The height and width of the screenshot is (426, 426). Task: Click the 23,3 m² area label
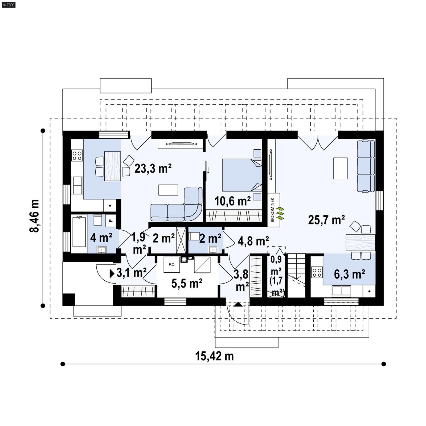click(153, 169)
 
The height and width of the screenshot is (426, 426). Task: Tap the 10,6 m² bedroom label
click(232, 201)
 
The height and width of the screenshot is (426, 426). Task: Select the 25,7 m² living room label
click(326, 220)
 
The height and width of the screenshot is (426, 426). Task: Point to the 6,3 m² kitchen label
click(349, 274)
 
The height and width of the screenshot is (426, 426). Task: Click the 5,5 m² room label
click(187, 283)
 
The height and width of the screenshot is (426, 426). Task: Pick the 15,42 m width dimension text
click(214, 356)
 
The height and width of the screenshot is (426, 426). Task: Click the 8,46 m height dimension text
click(35, 216)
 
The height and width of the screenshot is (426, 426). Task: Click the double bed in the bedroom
click(242, 175)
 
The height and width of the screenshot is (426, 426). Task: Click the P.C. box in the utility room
click(172, 264)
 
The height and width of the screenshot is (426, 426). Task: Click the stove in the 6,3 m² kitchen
click(317, 272)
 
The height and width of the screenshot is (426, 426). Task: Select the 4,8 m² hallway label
click(253, 241)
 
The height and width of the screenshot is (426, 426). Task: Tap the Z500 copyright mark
click(9, 5)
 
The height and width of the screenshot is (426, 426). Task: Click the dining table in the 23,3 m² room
click(112, 166)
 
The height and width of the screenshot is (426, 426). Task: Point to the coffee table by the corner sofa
click(168, 190)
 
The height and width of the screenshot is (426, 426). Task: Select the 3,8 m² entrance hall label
click(241, 280)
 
